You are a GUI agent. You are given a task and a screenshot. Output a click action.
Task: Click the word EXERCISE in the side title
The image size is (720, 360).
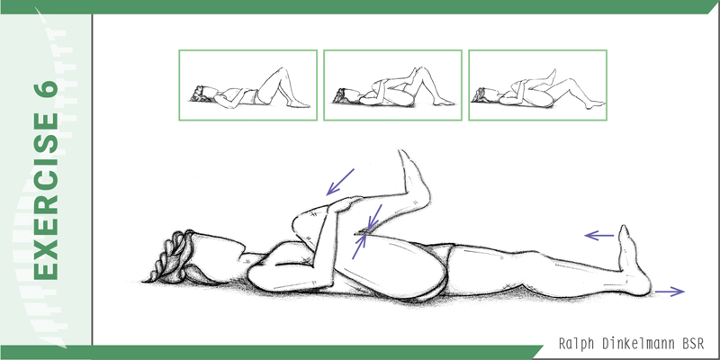(x=46, y=195)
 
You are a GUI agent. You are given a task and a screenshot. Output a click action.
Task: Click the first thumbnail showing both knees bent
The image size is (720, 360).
(x=248, y=85)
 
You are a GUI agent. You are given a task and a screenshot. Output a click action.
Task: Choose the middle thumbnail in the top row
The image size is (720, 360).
(x=392, y=85)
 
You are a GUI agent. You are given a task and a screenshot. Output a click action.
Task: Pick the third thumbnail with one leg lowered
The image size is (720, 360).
(x=537, y=85)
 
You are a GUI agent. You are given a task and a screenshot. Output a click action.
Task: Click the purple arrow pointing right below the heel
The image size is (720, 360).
(x=670, y=291)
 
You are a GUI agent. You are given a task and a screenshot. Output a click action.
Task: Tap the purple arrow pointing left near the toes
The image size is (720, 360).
(x=599, y=236)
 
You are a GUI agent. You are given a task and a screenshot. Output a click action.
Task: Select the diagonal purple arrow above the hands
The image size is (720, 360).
(x=340, y=182)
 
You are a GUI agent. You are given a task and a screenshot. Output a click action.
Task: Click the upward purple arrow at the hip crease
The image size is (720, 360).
(x=359, y=247)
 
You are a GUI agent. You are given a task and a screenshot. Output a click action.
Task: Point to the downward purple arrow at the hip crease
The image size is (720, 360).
(x=373, y=218)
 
